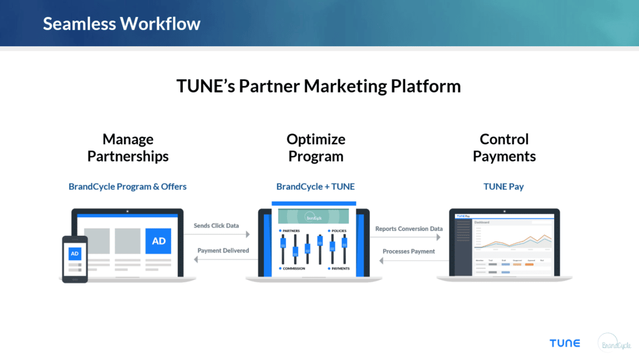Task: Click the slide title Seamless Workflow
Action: point(122,24)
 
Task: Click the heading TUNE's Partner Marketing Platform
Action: point(319,86)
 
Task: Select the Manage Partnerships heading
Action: point(128,148)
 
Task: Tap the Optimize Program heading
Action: point(316,148)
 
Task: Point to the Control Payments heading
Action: point(504,148)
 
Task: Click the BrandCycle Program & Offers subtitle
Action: point(127,187)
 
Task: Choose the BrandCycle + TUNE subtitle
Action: point(316,187)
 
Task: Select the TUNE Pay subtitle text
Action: point(504,187)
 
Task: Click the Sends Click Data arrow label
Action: point(217,225)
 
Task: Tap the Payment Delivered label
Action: point(223,250)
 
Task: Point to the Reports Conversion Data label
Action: point(409,229)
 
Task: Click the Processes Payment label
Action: point(409,251)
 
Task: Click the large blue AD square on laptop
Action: point(159,241)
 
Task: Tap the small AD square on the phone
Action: point(75,254)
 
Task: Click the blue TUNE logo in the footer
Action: point(564,343)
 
